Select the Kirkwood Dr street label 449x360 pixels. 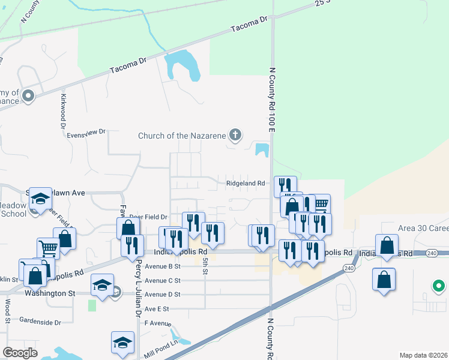[62, 112]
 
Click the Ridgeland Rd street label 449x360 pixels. [246, 184]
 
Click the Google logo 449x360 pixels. [20, 353]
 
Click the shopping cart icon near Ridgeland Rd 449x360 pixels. [321, 204]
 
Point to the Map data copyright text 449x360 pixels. [424, 355]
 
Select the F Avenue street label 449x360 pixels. [158, 323]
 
